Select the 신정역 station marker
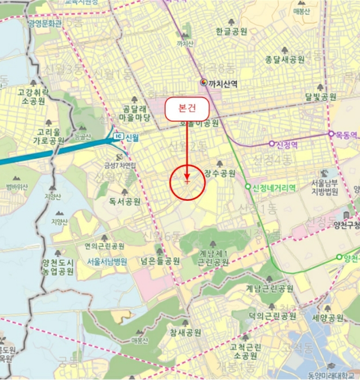[272, 144]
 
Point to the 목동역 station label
[346, 133]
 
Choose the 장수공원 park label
[220, 174]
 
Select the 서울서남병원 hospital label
[106, 261]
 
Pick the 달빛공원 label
[320, 97]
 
